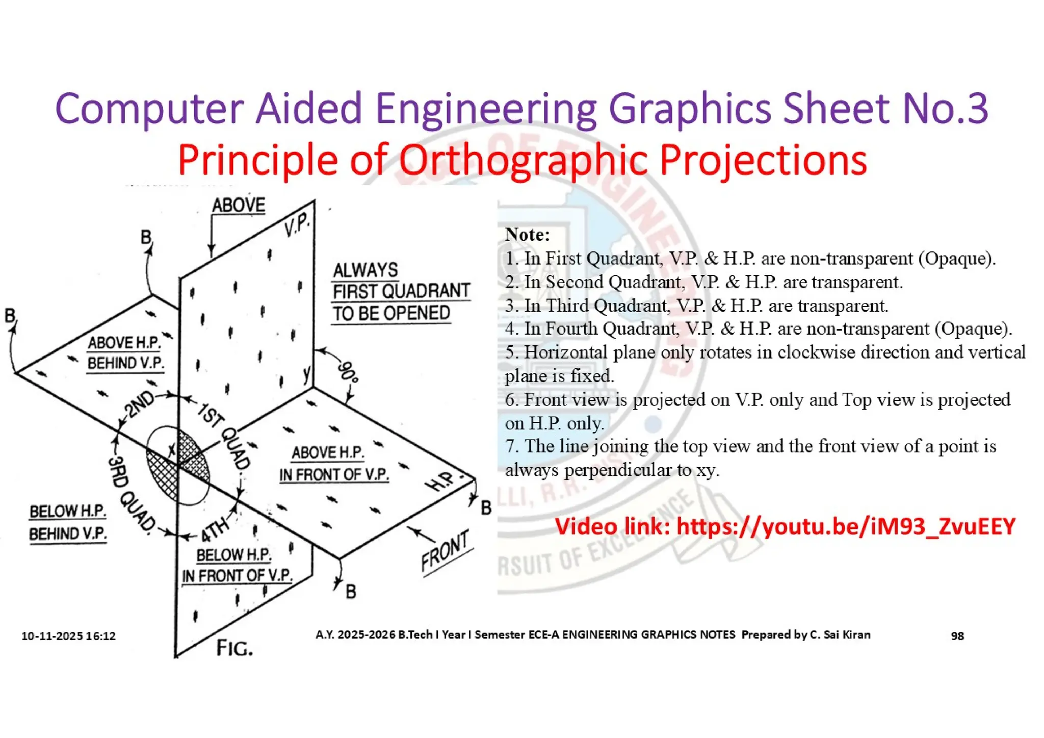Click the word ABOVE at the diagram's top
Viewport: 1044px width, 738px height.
coord(239,205)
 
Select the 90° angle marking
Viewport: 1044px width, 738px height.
coord(348,371)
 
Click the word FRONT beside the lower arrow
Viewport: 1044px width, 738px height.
coord(445,551)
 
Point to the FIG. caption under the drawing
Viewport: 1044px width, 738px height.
coord(234,648)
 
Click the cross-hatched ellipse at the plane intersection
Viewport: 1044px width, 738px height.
coord(177,465)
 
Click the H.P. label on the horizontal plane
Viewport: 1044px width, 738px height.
coord(440,481)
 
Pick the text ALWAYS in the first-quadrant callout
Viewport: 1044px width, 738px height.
coord(365,270)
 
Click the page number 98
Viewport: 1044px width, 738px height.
coord(957,635)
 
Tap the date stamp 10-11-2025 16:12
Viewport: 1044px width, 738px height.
coord(68,636)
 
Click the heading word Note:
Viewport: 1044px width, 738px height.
coord(527,235)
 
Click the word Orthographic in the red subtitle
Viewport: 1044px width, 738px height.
coord(523,160)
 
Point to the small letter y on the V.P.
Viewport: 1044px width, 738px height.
coord(306,373)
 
